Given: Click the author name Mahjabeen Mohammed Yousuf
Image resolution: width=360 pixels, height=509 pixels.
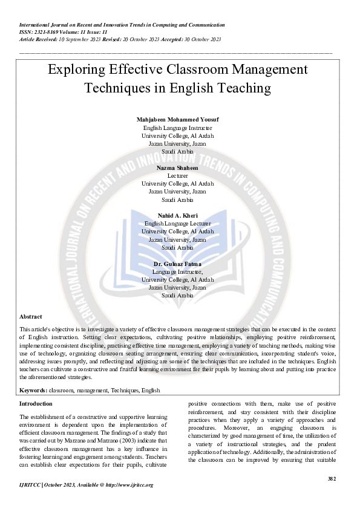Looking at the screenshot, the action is point(177,120).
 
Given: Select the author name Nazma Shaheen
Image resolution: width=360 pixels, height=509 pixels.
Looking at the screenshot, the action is point(177,167).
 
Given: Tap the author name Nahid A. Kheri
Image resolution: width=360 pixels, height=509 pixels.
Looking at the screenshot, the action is point(177,216).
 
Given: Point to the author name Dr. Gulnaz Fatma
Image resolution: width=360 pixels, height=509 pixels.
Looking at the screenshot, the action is point(177,264).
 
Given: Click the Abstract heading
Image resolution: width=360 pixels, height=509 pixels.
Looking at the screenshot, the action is point(31,317).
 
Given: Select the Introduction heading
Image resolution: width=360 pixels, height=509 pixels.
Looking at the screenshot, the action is point(36,403).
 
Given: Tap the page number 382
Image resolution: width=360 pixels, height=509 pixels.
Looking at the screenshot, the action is point(331,478).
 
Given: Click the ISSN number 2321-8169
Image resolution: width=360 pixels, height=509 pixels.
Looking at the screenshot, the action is point(45,32).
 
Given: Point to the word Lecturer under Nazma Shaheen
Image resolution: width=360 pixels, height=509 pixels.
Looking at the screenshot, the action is point(177,175).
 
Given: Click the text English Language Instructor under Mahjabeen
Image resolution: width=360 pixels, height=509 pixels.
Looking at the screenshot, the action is point(177,128).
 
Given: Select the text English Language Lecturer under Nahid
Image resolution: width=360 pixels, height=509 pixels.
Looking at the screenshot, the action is point(177,224).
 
